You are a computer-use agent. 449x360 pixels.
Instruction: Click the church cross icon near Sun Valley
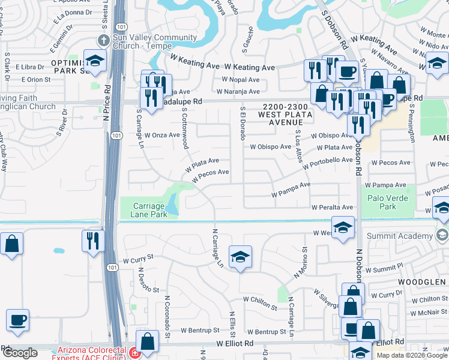coord(103,41)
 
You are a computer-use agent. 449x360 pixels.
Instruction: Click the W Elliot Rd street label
coord(235,343)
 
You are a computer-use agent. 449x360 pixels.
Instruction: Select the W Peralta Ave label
coord(332,207)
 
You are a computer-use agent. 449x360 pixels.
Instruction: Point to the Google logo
coord(19,353)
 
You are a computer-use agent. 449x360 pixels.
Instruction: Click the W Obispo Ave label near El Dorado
coord(271,146)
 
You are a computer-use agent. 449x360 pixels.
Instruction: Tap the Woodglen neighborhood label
coord(420,281)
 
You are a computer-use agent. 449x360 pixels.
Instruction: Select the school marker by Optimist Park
coord(94,61)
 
